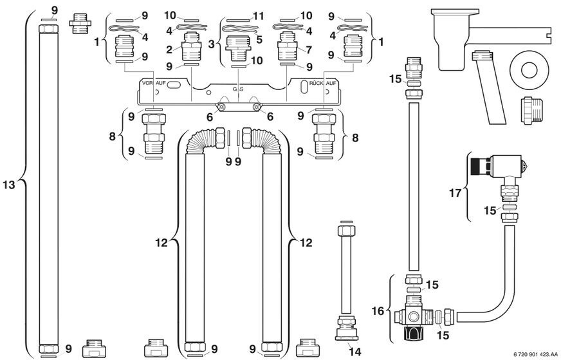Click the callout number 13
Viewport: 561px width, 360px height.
(8, 185)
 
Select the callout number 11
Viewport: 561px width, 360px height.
(258, 16)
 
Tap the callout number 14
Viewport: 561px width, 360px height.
(355, 352)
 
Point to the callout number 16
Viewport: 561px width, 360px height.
(378, 311)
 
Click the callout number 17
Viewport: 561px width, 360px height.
(455, 194)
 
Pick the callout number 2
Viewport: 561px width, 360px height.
(169, 50)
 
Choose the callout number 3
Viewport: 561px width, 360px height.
(212, 44)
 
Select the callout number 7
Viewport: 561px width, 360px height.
(309, 50)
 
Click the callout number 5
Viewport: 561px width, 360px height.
(259, 39)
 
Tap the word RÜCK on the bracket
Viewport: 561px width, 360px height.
(317, 84)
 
